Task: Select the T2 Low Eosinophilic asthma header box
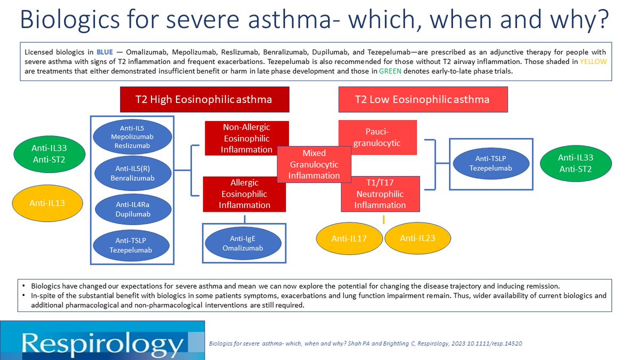click(x=423, y=99)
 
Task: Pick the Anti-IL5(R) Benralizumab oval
click(x=133, y=173)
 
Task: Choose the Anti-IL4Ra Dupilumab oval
click(x=133, y=209)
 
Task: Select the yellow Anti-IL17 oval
click(x=349, y=238)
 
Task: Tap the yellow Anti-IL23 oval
click(x=418, y=238)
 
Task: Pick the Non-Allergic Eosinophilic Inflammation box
click(x=246, y=138)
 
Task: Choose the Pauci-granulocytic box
click(x=378, y=137)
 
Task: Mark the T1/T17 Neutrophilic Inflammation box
click(x=380, y=194)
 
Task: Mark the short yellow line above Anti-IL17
click(x=383, y=219)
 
